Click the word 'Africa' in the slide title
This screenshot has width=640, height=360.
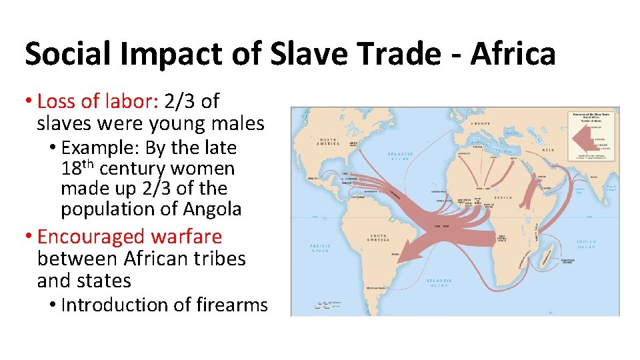coord(513,53)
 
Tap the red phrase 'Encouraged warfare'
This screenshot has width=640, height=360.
coord(129,237)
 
